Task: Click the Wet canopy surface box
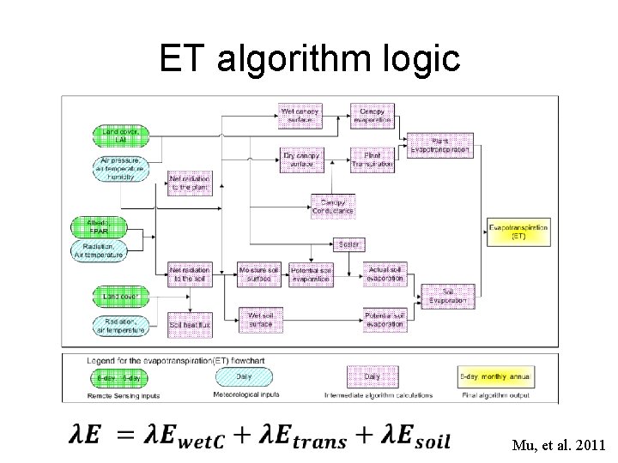[x=300, y=115]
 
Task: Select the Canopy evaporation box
[x=373, y=115]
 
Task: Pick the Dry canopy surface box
[x=300, y=159]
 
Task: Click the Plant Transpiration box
[x=373, y=159]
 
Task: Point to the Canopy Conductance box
[x=331, y=204]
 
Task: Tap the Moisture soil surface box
[x=260, y=274]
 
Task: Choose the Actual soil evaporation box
[x=385, y=274]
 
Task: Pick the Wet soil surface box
[x=260, y=320]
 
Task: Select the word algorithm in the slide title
[x=316, y=59]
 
